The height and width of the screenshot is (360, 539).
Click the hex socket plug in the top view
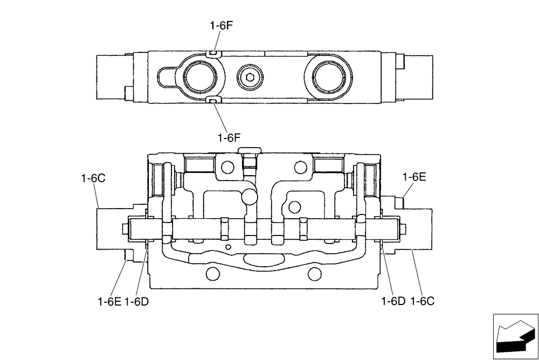coord(250,77)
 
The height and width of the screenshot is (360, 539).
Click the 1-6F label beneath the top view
coord(229,138)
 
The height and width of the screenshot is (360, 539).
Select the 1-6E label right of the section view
coord(414,176)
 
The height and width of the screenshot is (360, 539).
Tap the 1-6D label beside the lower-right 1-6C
coord(393,301)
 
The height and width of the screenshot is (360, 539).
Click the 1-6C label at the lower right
coord(422,301)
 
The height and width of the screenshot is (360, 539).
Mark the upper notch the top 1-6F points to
coord(213,53)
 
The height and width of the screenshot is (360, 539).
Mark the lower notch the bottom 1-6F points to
coord(213,100)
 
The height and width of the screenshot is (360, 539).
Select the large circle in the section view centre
coord(250,196)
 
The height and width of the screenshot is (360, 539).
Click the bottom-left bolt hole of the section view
coord(212,275)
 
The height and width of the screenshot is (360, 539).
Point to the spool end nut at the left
coord(126,230)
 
